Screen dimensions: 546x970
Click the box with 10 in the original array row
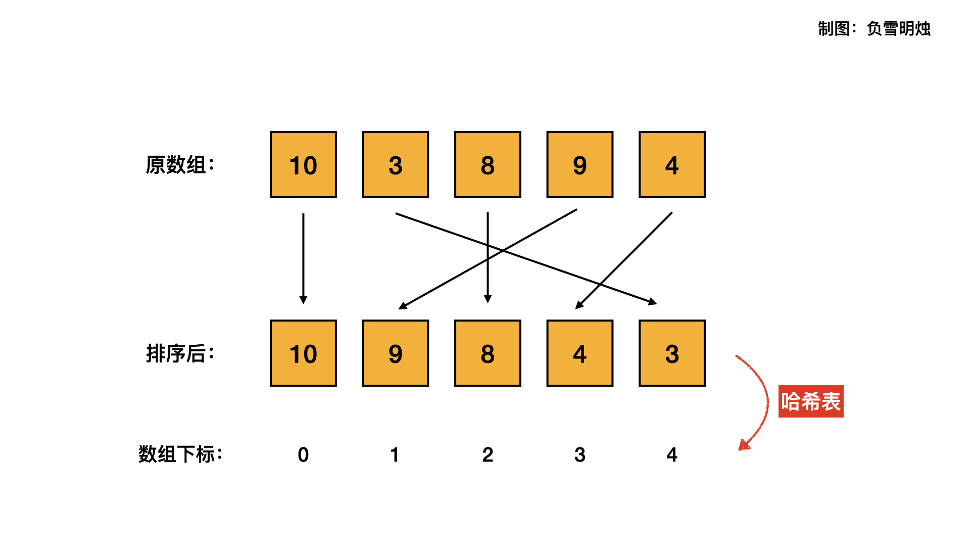point(303,165)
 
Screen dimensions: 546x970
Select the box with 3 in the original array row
point(396,165)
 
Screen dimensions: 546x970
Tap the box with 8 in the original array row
point(488,165)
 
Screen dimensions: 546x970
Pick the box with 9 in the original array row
point(580,165)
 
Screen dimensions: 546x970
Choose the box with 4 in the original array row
point(672,165)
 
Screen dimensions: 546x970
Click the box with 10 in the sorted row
point(303,353)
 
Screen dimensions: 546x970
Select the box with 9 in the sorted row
point(396,353)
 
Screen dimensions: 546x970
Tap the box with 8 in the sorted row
point(488,353)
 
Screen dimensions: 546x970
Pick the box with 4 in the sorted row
point(580,353)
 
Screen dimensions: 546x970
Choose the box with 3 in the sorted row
point(672,353)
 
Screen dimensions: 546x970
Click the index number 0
point(303,454)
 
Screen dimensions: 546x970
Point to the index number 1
point(395,454)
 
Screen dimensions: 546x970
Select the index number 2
point(488,454)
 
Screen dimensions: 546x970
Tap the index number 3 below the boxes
point(580,454)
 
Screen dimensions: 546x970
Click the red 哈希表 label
point(811,401)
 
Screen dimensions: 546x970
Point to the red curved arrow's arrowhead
point(743,445)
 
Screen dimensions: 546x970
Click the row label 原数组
point(180,165)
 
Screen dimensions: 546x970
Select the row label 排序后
point(180,353)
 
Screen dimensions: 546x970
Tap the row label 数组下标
point(180,454)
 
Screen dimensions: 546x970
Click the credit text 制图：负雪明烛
point(874,28)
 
